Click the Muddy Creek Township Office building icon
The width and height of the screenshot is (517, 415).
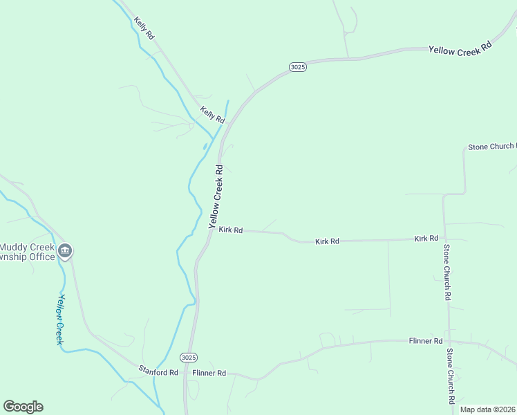pyautogui.click(x=65, y=250)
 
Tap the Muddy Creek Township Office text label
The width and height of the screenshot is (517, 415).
pyautogui.click(x=28, y=252)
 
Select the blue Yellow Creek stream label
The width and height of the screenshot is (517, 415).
pyautogui.click(x=61, y=319)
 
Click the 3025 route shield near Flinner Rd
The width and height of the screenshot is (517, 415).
pyautogui.click(x=189, y=358)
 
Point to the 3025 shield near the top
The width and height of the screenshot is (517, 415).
pyautogui.click(x=297, y=66)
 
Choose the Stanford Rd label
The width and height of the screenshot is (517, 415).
pyautogui.click(x=158, y=372)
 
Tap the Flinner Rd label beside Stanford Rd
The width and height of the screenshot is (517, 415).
pyautogui.click(x=209, y=373)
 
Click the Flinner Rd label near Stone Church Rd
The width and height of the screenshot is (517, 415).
pyautogui.click(x=425, y=341)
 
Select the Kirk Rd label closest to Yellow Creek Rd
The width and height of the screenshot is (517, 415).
pyautogui.click(x=230, y=230)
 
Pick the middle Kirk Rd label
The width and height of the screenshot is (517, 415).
pyautogui.click(x=327, y=241)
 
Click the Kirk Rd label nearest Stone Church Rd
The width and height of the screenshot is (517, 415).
pyautogui.click(x=426, y=238)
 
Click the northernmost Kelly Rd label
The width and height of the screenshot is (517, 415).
pyautogui.click(x=144, y=28)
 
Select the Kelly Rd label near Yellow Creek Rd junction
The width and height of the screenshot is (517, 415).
pyautogui.click(x=212, y=114)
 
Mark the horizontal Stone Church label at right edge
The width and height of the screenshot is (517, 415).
pyautogui.click(x=491, y=147)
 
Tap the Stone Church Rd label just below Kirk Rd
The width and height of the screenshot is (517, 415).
pyautogui.click(x=448, y=272)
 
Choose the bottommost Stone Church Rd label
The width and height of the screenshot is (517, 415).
pyautogui.click(x=450, y=376)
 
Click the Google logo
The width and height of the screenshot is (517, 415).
pyautogui.click(x=23, y=407)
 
